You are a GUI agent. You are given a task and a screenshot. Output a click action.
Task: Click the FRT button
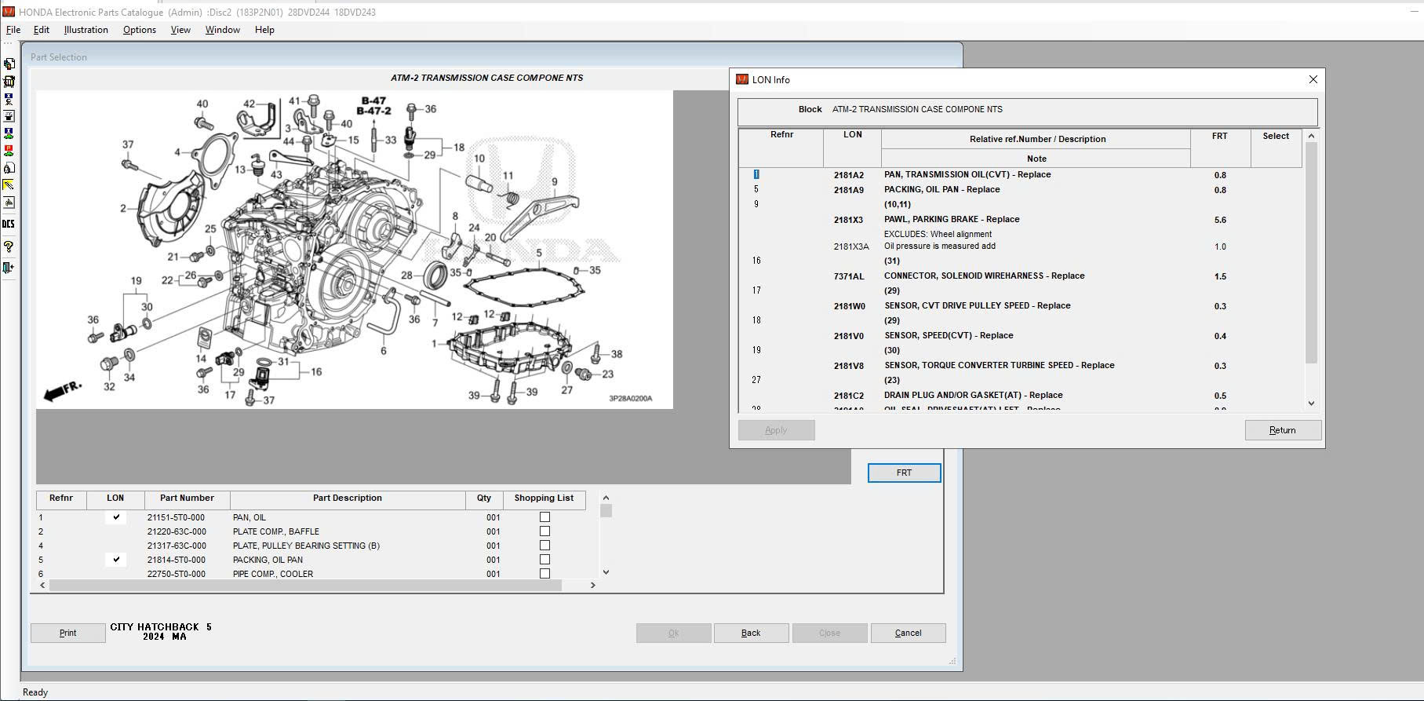[904, 473]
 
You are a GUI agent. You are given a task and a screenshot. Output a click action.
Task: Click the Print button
[67, 633]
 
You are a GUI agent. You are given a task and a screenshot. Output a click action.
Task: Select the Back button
[751, 633]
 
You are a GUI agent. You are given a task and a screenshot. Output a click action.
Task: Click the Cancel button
[908, 633]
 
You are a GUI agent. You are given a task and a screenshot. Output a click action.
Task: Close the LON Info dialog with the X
[1313, 79]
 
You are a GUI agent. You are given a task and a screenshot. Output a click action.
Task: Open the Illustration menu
[86, 30]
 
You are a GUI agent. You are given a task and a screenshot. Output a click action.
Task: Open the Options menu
[139, 30]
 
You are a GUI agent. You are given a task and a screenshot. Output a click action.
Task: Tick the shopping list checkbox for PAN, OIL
[544, 517]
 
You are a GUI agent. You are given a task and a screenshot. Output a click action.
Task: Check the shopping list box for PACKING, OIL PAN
[544, 560]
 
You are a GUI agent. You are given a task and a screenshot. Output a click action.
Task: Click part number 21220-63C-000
[177, 531]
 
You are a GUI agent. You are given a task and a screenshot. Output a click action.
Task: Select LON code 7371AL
[848, 276]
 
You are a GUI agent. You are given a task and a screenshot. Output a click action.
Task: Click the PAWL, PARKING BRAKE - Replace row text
[951, 220]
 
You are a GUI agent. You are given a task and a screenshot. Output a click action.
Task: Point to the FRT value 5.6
[1219, 221]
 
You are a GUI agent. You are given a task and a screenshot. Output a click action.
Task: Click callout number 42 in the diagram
[249, 104]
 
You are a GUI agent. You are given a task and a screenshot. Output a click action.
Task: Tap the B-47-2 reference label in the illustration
[373, 111]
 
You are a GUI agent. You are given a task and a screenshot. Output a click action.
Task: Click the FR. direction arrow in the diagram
[62, 391]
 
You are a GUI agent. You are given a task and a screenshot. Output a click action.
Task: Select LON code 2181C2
[848, 396]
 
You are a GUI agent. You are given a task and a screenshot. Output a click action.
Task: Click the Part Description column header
[347, 498]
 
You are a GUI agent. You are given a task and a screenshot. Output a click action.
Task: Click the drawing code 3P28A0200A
[630, 398]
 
